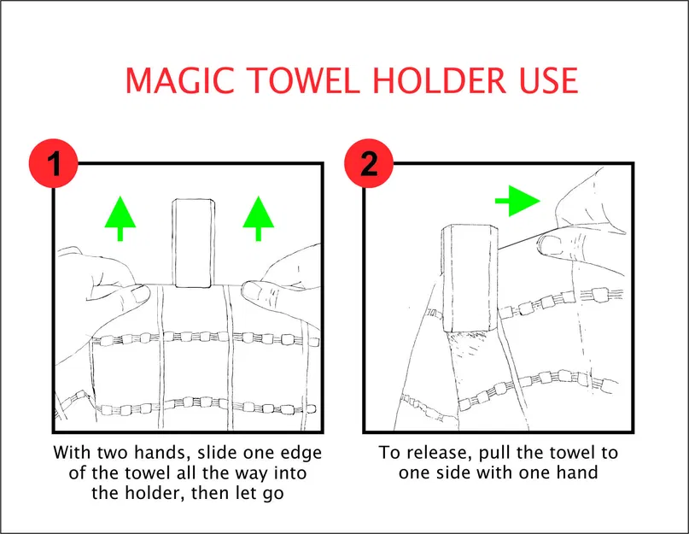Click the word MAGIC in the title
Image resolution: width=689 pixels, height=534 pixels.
point(180,80)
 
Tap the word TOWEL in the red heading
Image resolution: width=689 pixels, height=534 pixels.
point(306,80)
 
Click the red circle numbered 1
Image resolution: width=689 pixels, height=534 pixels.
point(54,163)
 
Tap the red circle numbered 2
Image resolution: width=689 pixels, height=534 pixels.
point(369,163)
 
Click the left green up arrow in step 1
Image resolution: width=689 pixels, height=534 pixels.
point(120,218)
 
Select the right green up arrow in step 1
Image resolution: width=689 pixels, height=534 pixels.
point(259,218)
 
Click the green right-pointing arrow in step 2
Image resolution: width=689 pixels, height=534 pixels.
point(517,201)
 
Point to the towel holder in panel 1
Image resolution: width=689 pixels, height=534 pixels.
point(193,244)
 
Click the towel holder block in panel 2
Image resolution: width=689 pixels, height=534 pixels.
point(470,279)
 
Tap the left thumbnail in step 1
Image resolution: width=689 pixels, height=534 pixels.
point(141,295)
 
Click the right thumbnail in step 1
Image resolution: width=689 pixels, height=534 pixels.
point(252,290)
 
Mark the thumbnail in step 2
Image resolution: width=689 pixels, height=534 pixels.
point(548,245)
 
